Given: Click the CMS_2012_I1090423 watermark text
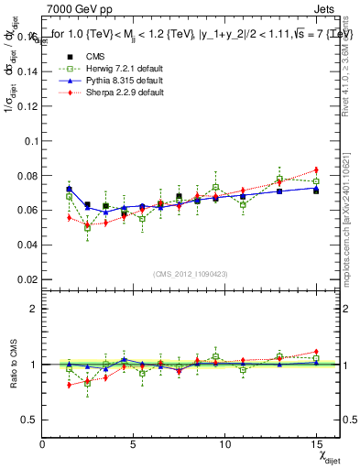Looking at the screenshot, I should pyautogui.click(x=191, y=273).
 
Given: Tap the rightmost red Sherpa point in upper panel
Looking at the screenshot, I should pyautogui.click(x=316, y=169).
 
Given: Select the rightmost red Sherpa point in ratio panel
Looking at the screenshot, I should pyautogui.click(x=316, y=352).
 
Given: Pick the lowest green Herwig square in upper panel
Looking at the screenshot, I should pyautogui.click(x=88, y=226).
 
